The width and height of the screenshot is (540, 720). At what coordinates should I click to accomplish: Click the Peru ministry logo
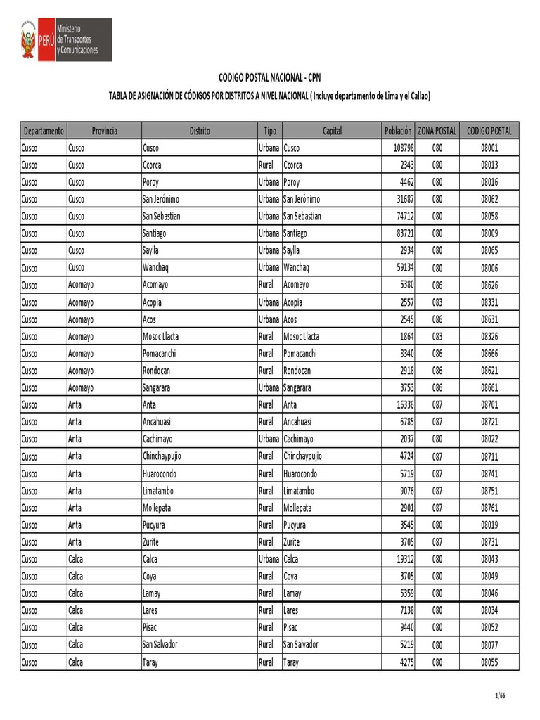coord(65,39)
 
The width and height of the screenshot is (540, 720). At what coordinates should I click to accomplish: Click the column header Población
coord(398,131)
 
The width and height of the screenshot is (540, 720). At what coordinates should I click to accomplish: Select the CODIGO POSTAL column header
coord(489,131)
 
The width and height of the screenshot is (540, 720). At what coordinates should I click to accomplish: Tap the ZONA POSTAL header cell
coord(437,131)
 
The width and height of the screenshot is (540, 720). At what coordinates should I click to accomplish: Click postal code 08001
coord(489,148)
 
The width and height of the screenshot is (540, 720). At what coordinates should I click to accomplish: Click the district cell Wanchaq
coord(155,268)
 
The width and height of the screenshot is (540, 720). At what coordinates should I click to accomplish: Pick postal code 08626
coord(489,285)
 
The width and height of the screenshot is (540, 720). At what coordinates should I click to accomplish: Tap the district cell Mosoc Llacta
coord(161,336)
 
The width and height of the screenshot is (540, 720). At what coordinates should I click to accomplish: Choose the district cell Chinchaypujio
coord(162,456)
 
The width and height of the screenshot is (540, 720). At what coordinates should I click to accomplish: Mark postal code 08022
coord(489,439)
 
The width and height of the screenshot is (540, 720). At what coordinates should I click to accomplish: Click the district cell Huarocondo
coord(160,473)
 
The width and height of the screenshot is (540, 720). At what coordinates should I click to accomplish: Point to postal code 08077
coord(489,644)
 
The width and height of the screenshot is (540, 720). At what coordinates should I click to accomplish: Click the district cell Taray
coord(150,662)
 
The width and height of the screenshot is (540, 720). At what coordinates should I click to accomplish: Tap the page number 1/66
coord(500,696)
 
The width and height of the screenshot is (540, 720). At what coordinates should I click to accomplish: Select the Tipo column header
coord(269,131)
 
